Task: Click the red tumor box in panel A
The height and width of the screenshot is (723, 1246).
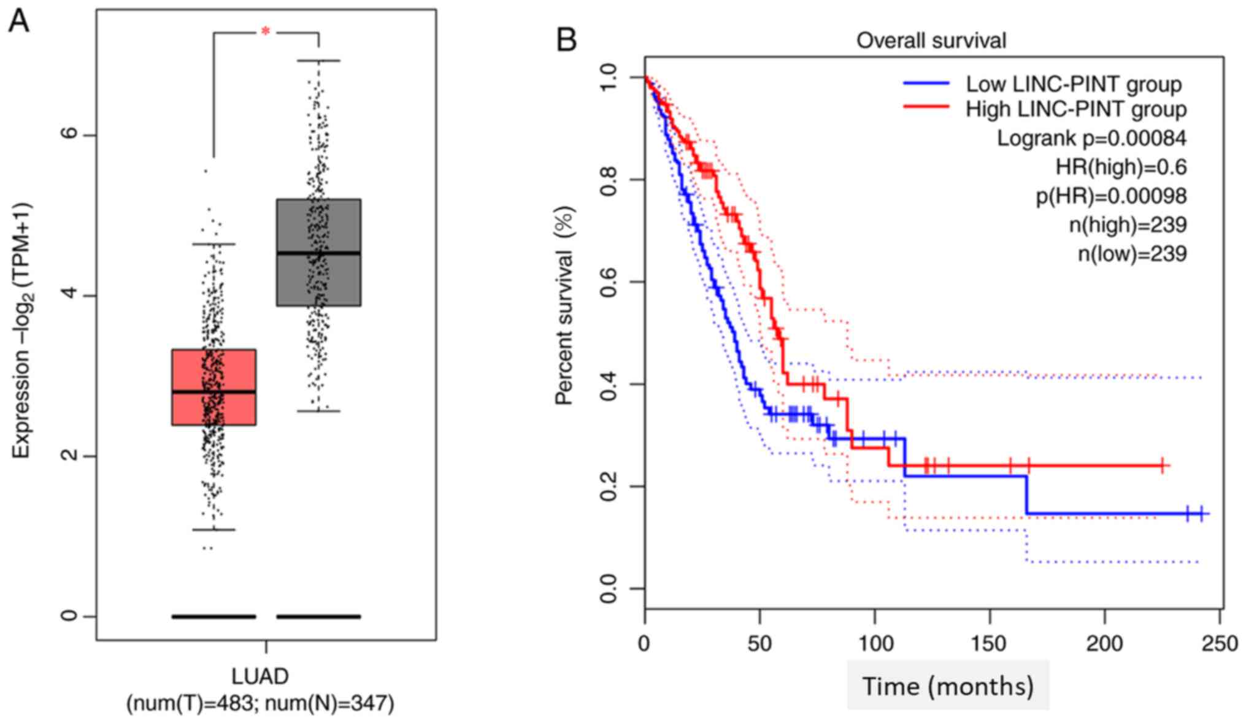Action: tap(213, 387)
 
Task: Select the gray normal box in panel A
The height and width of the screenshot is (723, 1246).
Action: tap(318, 252)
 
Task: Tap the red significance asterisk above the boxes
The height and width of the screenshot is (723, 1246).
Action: tap(265, 31)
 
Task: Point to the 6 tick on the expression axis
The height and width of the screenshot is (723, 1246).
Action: tap(71, 135)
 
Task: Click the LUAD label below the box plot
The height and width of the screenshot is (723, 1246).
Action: tap(260, 676)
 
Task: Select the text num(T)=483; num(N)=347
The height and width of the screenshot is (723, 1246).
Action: tap(260, 703)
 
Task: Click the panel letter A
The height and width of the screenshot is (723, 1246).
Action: tap(18, 22)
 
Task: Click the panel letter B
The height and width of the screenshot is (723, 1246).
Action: tap(566, 40)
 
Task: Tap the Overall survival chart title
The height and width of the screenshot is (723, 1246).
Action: tap(931, 40)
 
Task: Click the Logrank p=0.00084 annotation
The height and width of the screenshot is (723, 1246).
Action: tap(1091, 138)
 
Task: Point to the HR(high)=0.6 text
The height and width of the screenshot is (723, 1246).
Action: tap(1121, 167)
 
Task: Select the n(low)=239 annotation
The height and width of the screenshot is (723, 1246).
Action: tap(1132, 253)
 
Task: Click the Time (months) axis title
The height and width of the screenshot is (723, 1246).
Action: tap(948, 686)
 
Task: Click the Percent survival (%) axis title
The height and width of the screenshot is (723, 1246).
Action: tap(564, 305)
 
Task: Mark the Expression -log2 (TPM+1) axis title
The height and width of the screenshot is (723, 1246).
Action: tap(23, 331)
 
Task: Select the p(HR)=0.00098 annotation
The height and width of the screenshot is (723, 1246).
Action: tap(1111, 196)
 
